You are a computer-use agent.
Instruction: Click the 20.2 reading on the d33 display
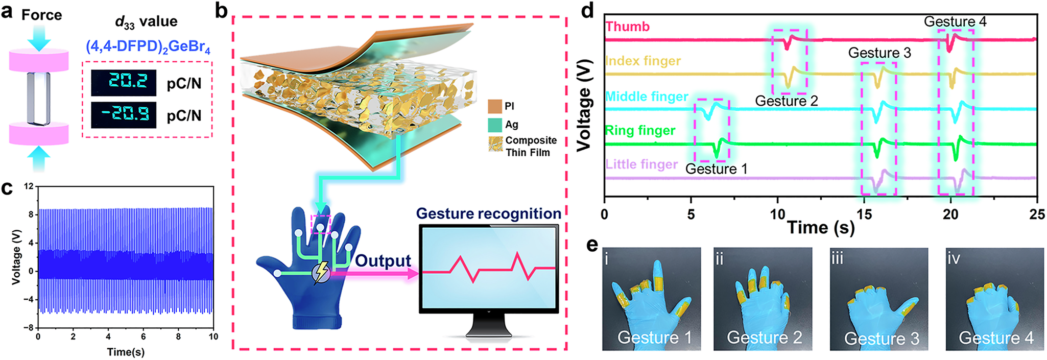[x=124, y=82]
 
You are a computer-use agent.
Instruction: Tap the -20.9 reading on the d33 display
[x=124, y=114]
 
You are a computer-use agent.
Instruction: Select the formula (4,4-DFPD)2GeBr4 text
[x=148, y=47]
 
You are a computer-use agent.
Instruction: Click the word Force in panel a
[x=41, y=15]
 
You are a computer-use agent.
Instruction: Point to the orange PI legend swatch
[x=495, y=106]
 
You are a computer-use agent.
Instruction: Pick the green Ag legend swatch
[x=495, y=125]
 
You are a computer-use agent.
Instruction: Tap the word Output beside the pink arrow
[x=383, y=261]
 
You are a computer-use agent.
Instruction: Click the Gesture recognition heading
[x=488, y=213]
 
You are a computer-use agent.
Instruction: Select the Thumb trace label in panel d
[x=628, y=27]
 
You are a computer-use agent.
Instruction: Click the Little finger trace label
[x=641, y=164]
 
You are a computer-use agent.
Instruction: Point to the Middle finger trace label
[x=647, y=97]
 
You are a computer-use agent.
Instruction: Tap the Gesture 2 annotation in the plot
[x=787, y=101]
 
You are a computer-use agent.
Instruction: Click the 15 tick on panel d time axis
[x=864, y=214]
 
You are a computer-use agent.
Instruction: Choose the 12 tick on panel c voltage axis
[x=29, y=187]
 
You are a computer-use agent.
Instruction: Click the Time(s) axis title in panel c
[x=126, y=352]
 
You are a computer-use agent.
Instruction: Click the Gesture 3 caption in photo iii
[x=882, y=339]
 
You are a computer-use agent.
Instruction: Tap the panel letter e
[x=592, y=246]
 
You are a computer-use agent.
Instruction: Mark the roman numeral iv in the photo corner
[x=954, y=258]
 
